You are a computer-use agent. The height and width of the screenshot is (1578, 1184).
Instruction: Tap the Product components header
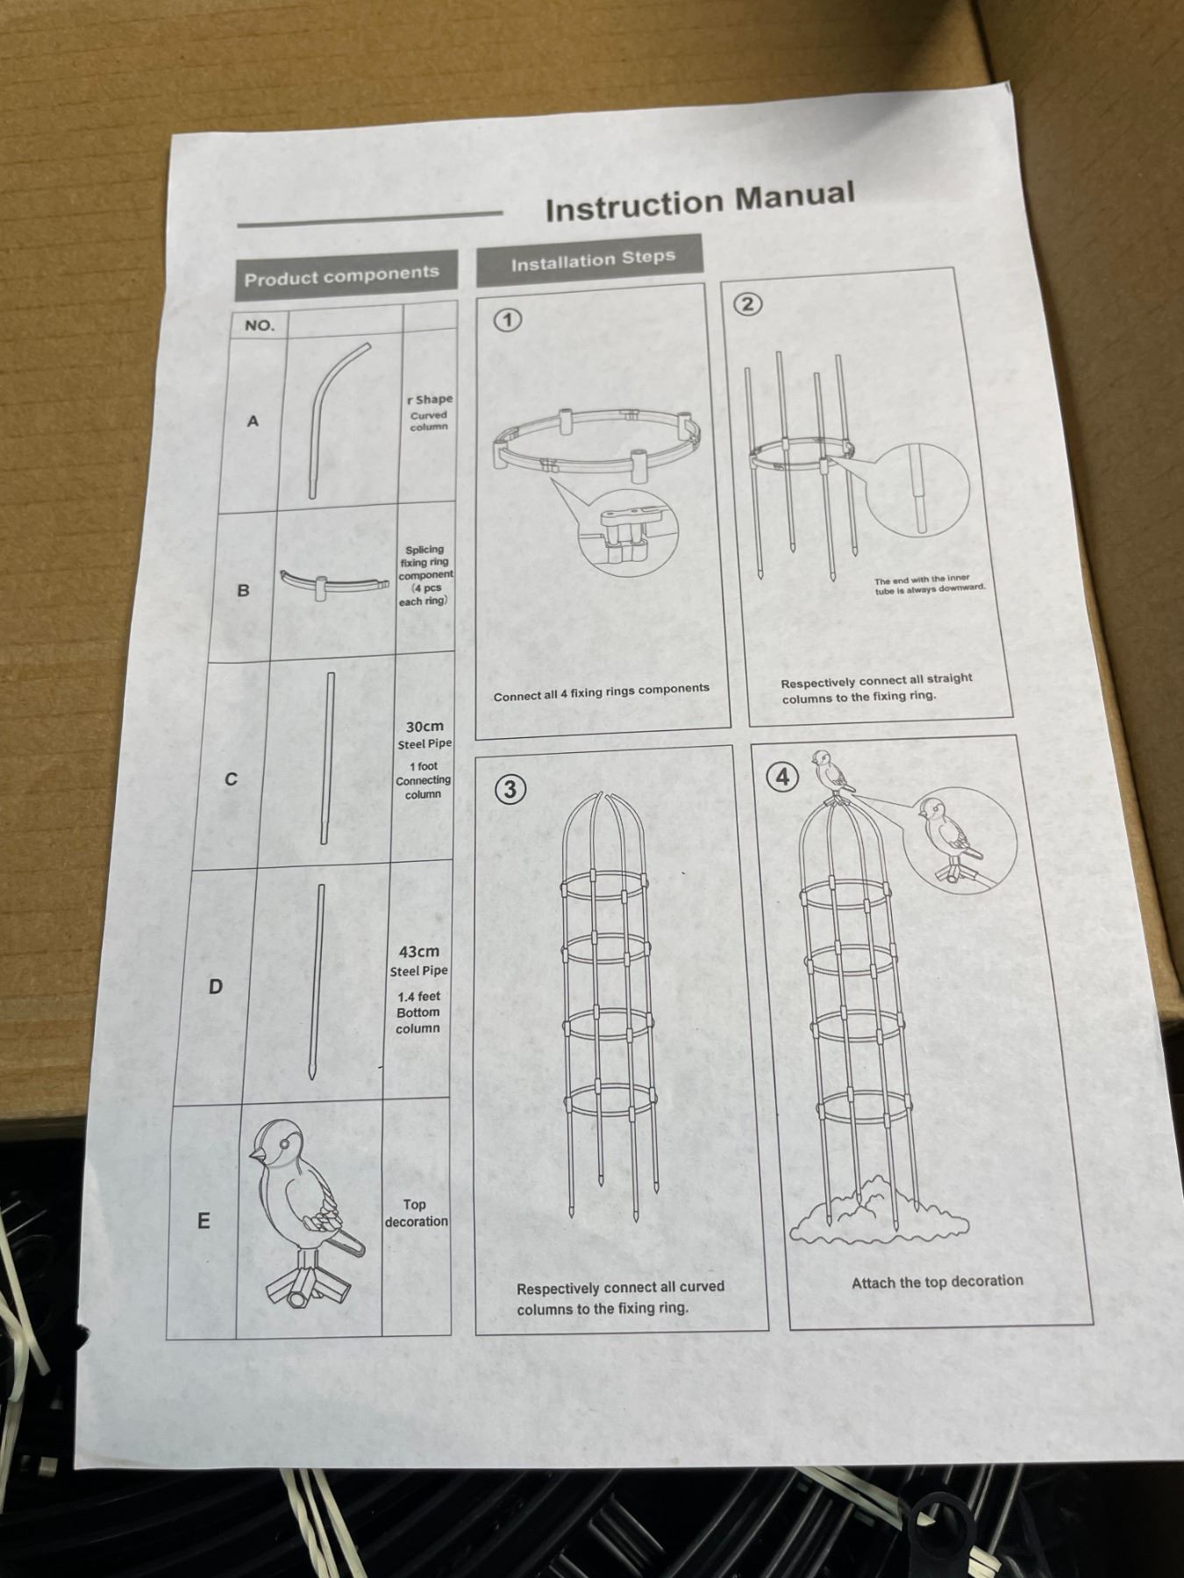pos(342,276)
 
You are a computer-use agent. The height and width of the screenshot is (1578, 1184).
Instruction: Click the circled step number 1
pos(507,320)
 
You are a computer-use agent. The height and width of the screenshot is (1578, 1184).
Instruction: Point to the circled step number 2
pos(747,304)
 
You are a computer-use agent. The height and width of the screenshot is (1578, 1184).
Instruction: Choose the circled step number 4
pos(782,777)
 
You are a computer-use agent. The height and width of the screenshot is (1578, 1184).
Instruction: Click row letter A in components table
pos(253,421)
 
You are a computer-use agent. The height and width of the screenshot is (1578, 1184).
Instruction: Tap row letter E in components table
pos(203,1220)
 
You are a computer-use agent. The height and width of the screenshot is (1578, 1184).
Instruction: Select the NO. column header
pos(260,325)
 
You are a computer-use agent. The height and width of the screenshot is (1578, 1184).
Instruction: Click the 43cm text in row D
pos(419,951)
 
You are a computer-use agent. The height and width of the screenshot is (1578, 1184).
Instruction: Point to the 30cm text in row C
pos(424,727)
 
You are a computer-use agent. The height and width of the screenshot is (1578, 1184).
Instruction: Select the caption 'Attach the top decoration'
pos(937,1282)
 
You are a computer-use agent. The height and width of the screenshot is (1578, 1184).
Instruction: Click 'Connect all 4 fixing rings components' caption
pos(602,693)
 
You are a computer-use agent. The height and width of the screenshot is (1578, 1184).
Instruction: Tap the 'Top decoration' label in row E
pos(416,1213)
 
